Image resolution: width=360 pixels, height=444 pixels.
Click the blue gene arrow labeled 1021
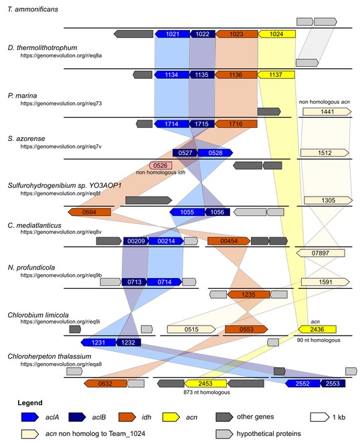[173, 34]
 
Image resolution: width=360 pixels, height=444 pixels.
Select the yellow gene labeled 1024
[276, 34]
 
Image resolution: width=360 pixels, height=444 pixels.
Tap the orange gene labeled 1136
[236, 75]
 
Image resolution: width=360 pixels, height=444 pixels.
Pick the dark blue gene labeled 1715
[202, 124]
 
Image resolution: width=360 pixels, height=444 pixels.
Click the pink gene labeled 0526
[161, 165]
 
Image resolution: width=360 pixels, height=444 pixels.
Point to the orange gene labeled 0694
[89, 212]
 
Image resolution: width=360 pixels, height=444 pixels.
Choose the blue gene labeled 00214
[166, 241]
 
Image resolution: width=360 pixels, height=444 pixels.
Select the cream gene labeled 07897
[321, 253]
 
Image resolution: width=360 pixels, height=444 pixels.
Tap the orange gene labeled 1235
[249, 295]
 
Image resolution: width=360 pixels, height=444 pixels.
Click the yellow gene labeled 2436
[317, 329]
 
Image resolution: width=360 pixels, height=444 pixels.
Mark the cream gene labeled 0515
[191, 329]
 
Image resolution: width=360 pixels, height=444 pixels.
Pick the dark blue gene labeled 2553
[333, 384]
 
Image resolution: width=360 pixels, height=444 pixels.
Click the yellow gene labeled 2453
[205, 384]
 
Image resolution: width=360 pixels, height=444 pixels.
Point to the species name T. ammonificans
[33, 9]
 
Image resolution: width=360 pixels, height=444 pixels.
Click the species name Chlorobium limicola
[38, 315]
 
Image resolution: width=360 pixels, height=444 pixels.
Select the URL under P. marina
[61, 104]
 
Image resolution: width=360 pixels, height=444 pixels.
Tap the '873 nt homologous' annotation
[207, 393]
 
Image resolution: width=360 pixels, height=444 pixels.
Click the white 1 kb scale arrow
[320, 417]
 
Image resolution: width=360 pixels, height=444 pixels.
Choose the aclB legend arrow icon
[77, 417]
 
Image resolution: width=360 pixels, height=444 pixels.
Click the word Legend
[30, 403]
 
